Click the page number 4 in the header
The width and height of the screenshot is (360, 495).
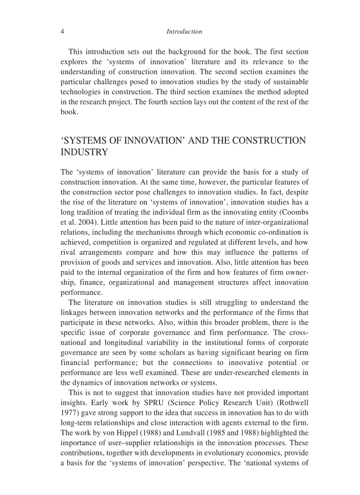coord(62,32)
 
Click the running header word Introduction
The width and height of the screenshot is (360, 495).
coord(184,32)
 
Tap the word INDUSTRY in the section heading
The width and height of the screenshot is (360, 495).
coord(84,153)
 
